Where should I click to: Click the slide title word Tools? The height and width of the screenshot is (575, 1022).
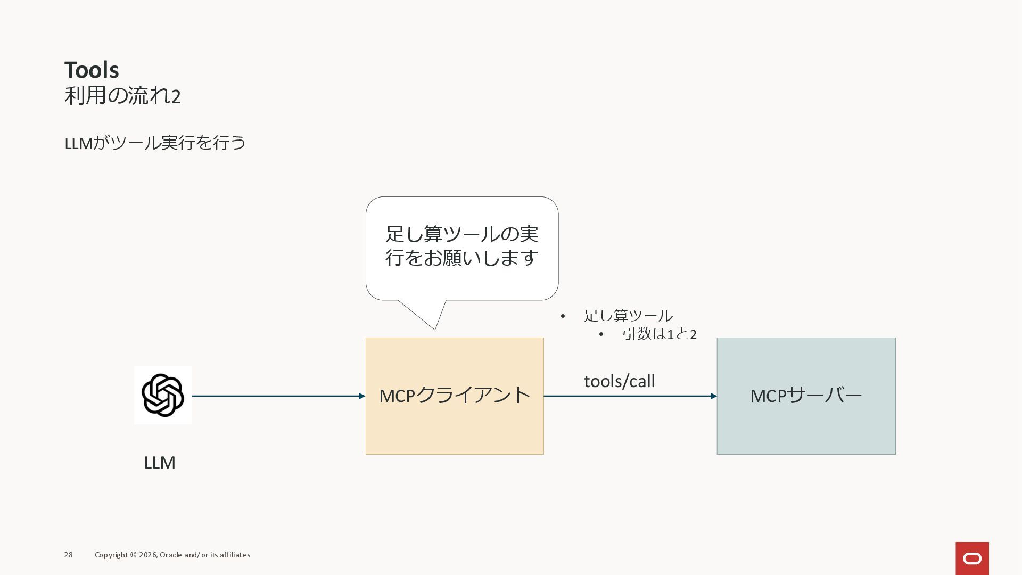(92, 70)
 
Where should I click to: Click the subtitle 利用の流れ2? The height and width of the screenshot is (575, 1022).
(122, 96)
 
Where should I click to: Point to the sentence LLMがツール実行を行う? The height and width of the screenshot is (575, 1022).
(155, 143)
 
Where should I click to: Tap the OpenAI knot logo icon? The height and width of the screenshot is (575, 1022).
(163, 395)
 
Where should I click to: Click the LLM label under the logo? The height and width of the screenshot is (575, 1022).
(160, 462)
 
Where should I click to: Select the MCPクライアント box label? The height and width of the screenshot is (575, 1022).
(455, 396)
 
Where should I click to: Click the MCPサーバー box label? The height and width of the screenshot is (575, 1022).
(806, 396)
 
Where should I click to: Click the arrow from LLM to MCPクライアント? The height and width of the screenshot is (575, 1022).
(277, 396)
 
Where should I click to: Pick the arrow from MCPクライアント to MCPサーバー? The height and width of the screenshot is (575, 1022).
(628, 396)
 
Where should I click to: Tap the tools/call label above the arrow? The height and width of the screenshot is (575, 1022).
(620, 381)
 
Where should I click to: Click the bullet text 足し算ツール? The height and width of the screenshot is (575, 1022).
(628, 316)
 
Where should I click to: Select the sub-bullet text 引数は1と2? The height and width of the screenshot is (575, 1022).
(659, 334)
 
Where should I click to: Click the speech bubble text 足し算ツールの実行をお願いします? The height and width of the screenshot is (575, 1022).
(461, 245)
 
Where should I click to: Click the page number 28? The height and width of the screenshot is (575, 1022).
(69, 555)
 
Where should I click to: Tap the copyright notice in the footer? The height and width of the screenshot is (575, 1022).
(172, 555)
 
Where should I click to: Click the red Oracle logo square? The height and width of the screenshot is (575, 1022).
(972, 558)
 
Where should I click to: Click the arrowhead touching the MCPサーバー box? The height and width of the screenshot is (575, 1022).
(714, 396)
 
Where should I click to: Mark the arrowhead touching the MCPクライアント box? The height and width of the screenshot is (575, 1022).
(362, 396)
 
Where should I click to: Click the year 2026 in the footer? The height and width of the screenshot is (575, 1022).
(147, 555)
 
